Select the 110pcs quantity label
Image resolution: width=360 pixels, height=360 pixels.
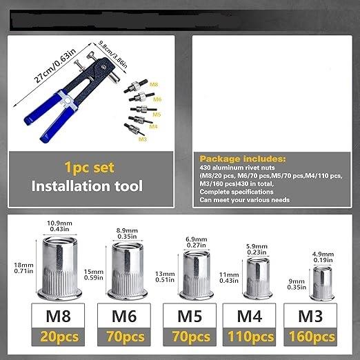[x=252, y=338]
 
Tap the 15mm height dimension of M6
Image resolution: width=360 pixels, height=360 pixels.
[x=94, y=272]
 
